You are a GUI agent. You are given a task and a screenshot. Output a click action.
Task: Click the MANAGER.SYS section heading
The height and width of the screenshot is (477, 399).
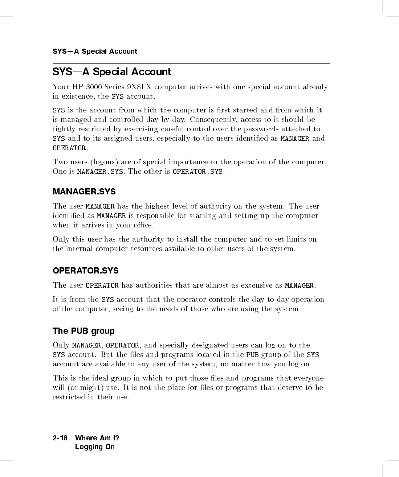tap(84, 192)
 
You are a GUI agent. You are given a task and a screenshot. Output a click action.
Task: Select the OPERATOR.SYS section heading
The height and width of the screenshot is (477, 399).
tap(86, 271)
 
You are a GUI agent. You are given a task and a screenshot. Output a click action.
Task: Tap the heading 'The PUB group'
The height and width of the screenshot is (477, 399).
tap(84, 331)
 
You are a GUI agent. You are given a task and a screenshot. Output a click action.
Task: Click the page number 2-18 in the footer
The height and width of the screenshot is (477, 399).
tap(60, 438)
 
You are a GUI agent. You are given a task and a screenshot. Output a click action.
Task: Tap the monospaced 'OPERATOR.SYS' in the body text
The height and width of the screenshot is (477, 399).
tap(198, 172)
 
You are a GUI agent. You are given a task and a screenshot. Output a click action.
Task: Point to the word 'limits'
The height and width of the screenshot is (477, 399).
tap(296, 239)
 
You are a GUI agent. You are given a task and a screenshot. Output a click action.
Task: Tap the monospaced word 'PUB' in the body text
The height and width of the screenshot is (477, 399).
tap(252, 355)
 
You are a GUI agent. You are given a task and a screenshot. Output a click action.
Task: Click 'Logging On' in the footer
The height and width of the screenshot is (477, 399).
tap(95, 447)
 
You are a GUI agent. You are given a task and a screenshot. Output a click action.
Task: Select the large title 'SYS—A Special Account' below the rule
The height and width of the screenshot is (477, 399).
tap(112, 72)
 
